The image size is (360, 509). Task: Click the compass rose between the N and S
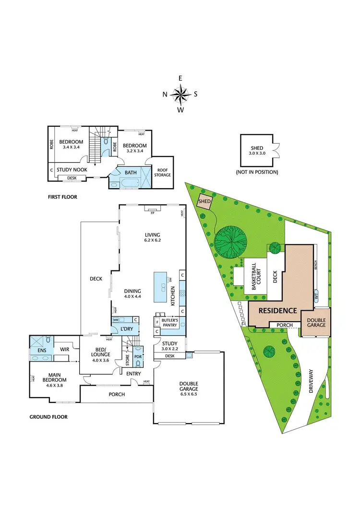[180, 94]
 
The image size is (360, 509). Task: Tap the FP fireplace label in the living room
[153, 209]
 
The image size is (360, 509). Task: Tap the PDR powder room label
[137, 357]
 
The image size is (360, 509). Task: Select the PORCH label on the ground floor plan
[117, 394]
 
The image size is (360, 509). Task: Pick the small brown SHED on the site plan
[205, 202]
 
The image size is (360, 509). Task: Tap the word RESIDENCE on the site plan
[278, 311]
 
